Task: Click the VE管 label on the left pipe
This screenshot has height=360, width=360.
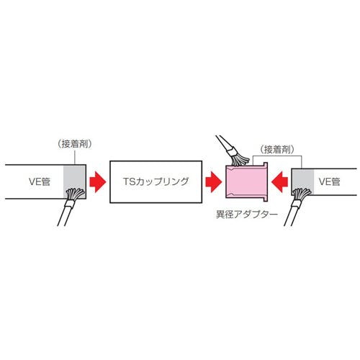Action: (40, 181)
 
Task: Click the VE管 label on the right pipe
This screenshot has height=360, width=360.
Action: (330, 181)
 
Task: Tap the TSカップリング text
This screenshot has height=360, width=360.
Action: (156, 181)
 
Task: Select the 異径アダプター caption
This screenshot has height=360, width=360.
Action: (247, 215)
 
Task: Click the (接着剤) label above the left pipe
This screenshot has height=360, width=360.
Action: (75, 144)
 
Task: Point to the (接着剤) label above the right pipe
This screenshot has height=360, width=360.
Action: (277, 150)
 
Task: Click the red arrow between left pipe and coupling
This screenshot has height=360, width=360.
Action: (98, 181)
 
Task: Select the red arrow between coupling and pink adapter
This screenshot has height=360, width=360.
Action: (214, 181)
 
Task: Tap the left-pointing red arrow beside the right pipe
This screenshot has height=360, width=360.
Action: (279, 181)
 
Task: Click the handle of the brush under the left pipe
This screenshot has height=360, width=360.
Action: (64, 217)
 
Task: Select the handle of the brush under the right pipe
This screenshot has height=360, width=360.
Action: (291, 216)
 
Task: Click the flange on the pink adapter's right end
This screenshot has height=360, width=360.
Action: (265, 181)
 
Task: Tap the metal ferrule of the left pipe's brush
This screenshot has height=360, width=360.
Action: (71, 204)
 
